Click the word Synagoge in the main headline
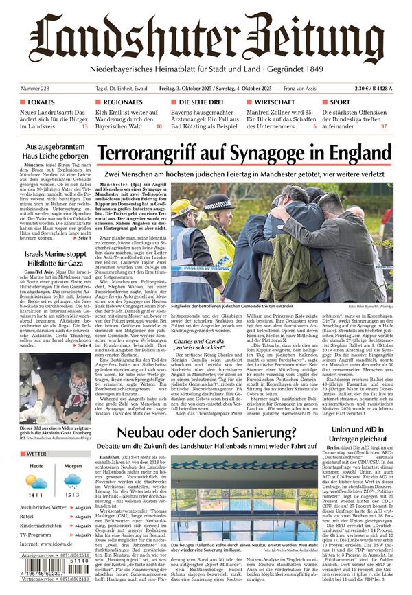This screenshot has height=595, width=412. (x=274, y=152)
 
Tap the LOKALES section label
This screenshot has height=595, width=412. (x=41, y=102)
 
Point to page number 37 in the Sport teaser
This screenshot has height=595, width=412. (x=384, y=126)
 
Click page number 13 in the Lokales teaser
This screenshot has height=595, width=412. (x=84, y=126)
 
